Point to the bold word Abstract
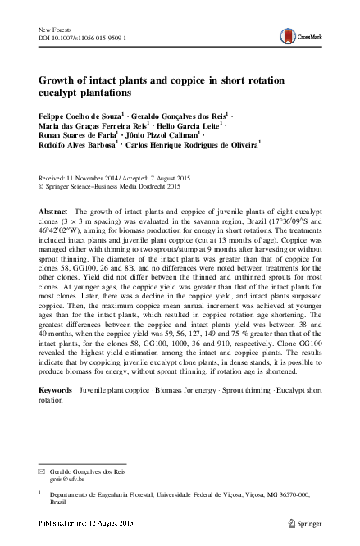pyautogui.click(x=54, y=212)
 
